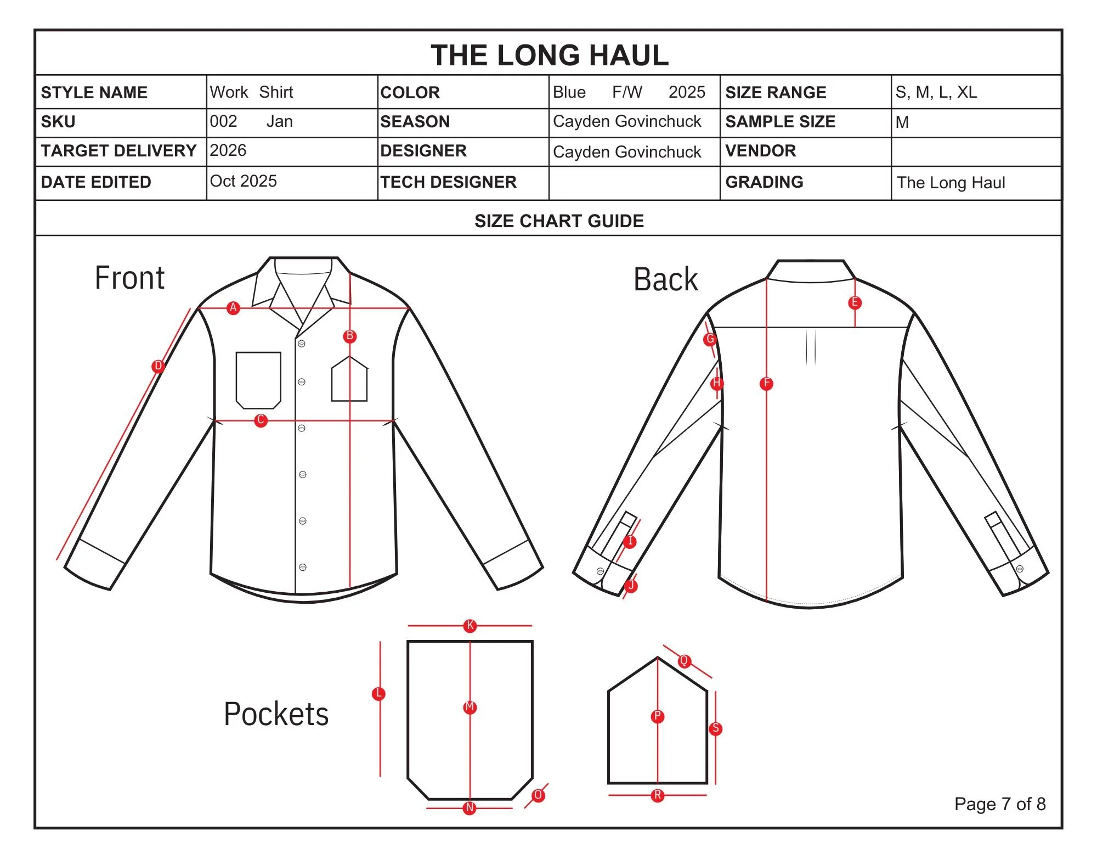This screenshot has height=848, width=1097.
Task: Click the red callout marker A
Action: (233, 308)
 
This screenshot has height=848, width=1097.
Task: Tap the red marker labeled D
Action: (158, 366)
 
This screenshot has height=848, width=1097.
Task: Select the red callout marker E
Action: (854, 303)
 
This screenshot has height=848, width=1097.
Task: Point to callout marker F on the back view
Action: (766, 384)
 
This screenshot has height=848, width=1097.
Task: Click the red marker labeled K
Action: (470, 626)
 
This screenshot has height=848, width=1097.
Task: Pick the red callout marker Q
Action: (684, 661)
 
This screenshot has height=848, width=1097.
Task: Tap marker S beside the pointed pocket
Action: (715, 729)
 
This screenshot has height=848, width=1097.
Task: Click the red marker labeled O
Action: (538, 795)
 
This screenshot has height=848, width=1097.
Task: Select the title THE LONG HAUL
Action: (550, 55)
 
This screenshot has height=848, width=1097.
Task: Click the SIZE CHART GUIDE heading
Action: (559, 221)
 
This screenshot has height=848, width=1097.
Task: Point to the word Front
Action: (129, 278)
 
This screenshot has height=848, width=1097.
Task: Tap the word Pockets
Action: (276, 714)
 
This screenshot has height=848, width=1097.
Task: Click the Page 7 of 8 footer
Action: (999, 804)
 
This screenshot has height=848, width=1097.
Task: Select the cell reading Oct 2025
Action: (244, 181)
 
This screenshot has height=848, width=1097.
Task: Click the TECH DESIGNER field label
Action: (448, 182)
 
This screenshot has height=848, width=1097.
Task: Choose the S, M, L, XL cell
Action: (936, 92)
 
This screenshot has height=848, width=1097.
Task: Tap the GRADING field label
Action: (764, 182)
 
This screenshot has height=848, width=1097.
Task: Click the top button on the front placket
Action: (302, 344)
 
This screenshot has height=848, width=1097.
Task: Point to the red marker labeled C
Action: (261, 421)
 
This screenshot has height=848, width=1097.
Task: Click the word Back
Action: (665, 279)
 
